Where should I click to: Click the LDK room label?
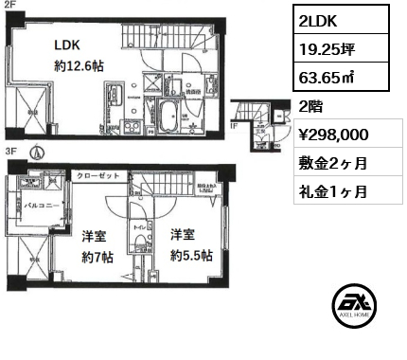(66, 44)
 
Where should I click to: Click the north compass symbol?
(37, 152)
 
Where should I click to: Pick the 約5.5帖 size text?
(190, 255)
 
